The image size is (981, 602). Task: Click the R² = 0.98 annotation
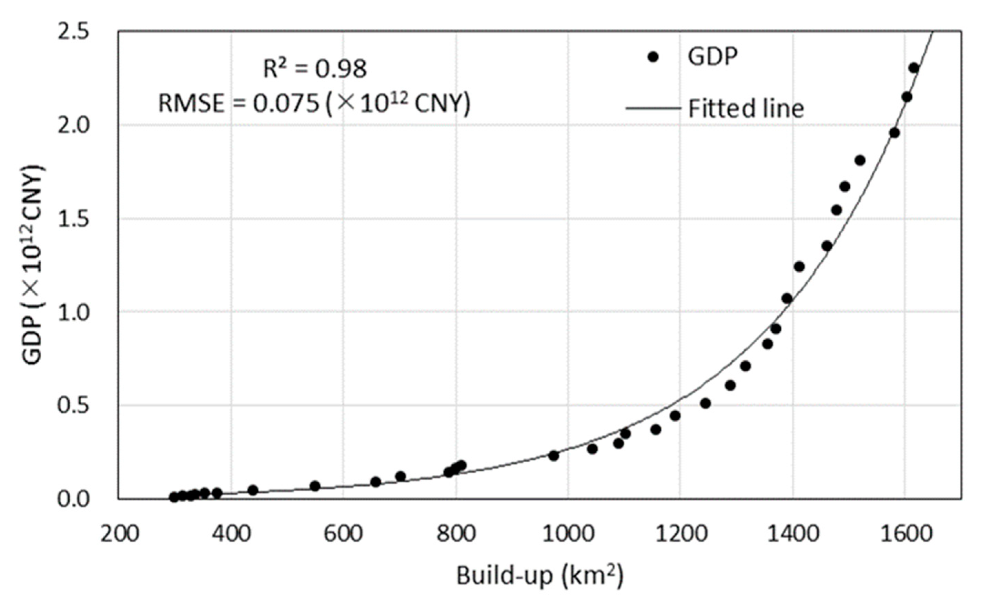(314, 69)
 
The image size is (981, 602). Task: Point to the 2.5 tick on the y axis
(72, 32)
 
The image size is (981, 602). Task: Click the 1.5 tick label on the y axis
(72, 219)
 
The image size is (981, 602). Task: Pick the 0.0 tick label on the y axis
(72, 499)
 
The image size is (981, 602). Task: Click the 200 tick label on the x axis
(120, 533)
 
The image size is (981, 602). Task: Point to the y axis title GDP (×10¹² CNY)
(33, 265)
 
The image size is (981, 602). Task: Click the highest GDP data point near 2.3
(914, 68)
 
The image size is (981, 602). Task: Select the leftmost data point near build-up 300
(174, 497)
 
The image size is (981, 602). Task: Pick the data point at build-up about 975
(553, 456)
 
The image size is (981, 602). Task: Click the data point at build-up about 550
(315, 486)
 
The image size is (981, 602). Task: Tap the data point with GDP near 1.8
(860, 160)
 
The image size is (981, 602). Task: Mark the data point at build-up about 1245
(706, 403)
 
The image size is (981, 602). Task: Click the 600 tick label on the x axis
(343, 533)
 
